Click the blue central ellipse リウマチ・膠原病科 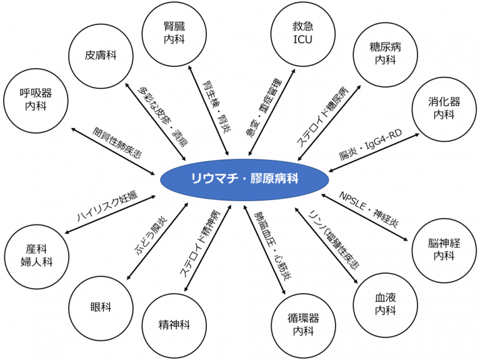245,179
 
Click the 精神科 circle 174,325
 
